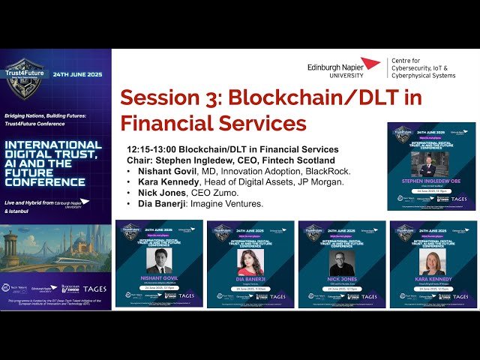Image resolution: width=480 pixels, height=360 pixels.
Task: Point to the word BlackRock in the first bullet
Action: click(326, 170)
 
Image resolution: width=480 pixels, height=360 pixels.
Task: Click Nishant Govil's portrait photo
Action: click(159, 261)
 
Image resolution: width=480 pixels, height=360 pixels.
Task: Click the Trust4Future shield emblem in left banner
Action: click(28, 76)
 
